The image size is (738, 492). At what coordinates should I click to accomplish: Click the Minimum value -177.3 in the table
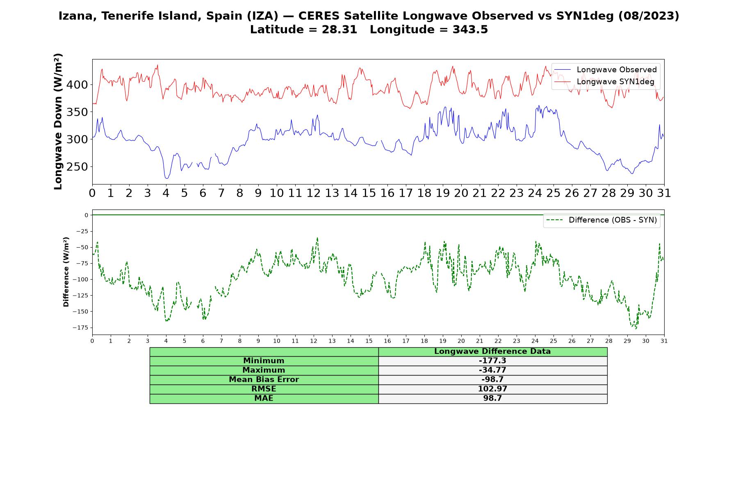click(492, 361)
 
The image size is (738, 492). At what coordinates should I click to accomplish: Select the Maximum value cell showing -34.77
click(492, 370)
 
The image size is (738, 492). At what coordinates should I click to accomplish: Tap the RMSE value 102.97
click(492, 389)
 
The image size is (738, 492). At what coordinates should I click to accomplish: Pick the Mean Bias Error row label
click(264, 380)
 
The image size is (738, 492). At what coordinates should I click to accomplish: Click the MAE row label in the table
click(264, 399)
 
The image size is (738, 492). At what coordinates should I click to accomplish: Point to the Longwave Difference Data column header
click(492, 351)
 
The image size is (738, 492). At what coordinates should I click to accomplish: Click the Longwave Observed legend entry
click(606, 70)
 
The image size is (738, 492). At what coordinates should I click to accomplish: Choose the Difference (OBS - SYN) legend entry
click(602, 220)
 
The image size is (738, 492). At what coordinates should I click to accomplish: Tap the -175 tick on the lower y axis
click(80, 328)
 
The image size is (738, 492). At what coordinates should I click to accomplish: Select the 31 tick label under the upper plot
click(664, 193)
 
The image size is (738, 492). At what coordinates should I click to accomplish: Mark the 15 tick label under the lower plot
click(369, 341)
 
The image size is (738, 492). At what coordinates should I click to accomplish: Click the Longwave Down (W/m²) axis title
click(58, 121)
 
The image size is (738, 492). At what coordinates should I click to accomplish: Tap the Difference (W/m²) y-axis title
click(66, 272)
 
